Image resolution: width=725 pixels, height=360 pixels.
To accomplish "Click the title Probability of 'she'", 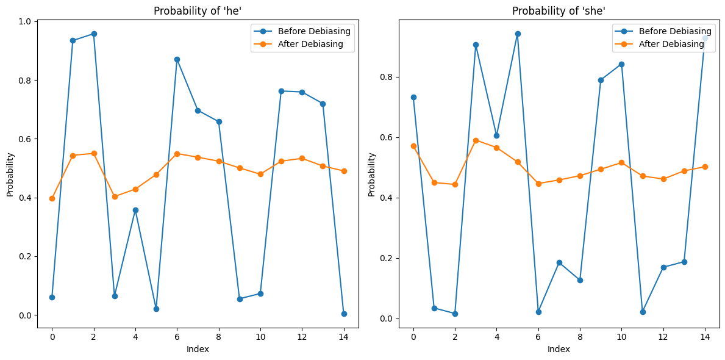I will (558, 11).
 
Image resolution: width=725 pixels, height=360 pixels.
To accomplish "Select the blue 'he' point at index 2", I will (93, 34).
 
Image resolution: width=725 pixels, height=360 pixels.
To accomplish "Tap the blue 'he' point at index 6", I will (177, 59).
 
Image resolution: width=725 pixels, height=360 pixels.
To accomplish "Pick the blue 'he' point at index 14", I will (344, 314).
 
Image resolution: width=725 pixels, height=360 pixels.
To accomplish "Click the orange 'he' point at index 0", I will (52, 198).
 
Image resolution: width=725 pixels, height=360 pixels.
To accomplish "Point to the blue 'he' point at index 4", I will (135, 210).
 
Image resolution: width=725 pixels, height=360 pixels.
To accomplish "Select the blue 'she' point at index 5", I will (518, 34).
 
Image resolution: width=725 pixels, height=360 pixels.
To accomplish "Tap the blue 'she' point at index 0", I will (413, 97).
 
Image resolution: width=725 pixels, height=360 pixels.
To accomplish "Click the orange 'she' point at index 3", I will (476, 140).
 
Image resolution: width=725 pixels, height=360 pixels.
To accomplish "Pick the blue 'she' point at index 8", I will (580, 280).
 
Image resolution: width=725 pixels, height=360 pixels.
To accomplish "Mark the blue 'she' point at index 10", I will (621, 64).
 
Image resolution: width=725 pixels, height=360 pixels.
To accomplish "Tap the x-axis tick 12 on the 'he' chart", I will (302, 337).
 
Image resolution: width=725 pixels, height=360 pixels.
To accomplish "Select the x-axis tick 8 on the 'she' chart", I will (580, 337).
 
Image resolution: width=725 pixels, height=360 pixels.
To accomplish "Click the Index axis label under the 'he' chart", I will (198, 349).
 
